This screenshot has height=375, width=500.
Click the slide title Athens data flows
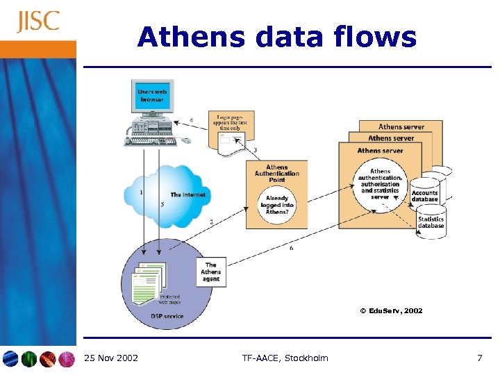(x=276, y=37)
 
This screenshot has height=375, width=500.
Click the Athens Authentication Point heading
(x=276, y=174)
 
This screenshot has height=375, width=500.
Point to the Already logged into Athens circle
(x=277, y=206)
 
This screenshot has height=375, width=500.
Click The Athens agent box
(x=211, y=272)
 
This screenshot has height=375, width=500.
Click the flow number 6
(x=291, y=248)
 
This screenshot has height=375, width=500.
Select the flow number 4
(x=191, y=121)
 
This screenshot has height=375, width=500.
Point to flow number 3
(x=255, y=150)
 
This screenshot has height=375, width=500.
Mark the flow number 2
(x=211, y=222)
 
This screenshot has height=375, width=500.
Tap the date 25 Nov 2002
(x=111, y=358)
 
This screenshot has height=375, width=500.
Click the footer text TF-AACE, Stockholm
(x=285, y=358)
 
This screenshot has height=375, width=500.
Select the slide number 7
(x=479, y=358)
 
